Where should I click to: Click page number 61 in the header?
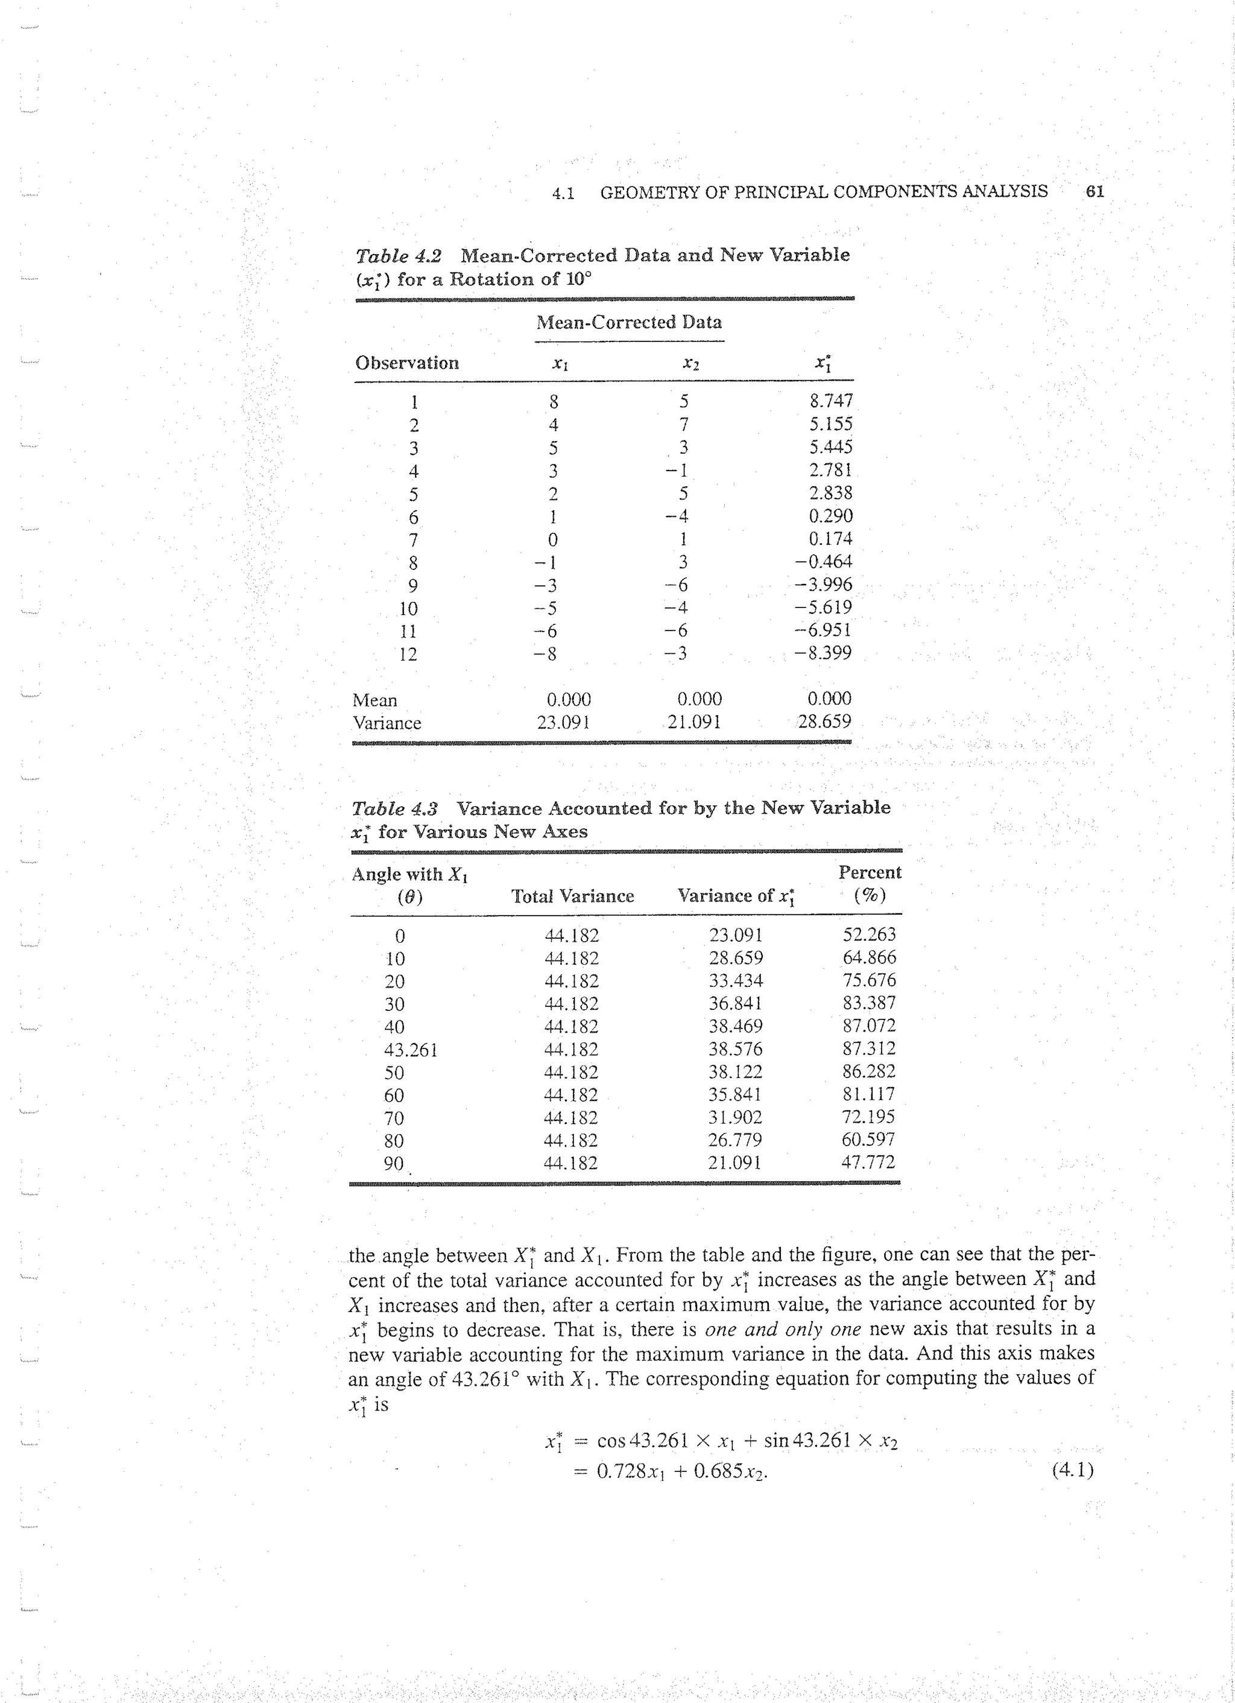pyautogui.click(x=1094, y=191)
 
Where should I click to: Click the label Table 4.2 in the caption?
pyautogui.click(x=399, y=256)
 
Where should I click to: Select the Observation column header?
pyautogui.click(x=407, y=363)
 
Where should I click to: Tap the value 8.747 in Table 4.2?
pyautogui.click(x=830, y=401)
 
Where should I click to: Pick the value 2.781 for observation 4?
pyautogui.click(x=830, y=470)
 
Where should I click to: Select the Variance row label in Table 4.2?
pyautogui.click(x=387, y=723)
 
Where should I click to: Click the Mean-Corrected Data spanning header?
pyautogui.click(x=629, y=323)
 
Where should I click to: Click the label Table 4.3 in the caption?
pyautogui.click(x=395, y=809)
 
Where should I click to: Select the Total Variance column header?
pyautogui.click(x=572, y=896)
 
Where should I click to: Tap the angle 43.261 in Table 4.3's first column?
pyautogui.click(x=410, y=1050)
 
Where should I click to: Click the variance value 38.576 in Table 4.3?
pyautogui.click(x=735, y=1049)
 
